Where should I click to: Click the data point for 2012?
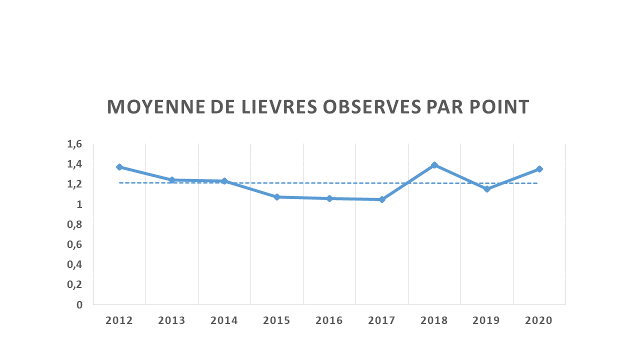click(119, 167)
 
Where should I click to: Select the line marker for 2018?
click(434, 165)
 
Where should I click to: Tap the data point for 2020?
click(539, 169)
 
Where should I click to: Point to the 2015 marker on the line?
click(277, 197)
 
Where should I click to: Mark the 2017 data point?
click(382, 199)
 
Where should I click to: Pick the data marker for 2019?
click(487, 189)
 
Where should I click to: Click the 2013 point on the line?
click(172, 179)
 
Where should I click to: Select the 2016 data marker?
click(329, 198)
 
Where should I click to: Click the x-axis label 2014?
click(224, 320)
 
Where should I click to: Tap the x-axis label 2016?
click(329, 320)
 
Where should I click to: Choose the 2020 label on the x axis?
click(539, 320)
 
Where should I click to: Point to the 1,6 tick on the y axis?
click(74, 144)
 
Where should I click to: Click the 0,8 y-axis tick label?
click(74, 224)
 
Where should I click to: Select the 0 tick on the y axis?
click(79, 304)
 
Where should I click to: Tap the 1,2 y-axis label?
click(74, 184)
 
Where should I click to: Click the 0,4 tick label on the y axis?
click(74, 264)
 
